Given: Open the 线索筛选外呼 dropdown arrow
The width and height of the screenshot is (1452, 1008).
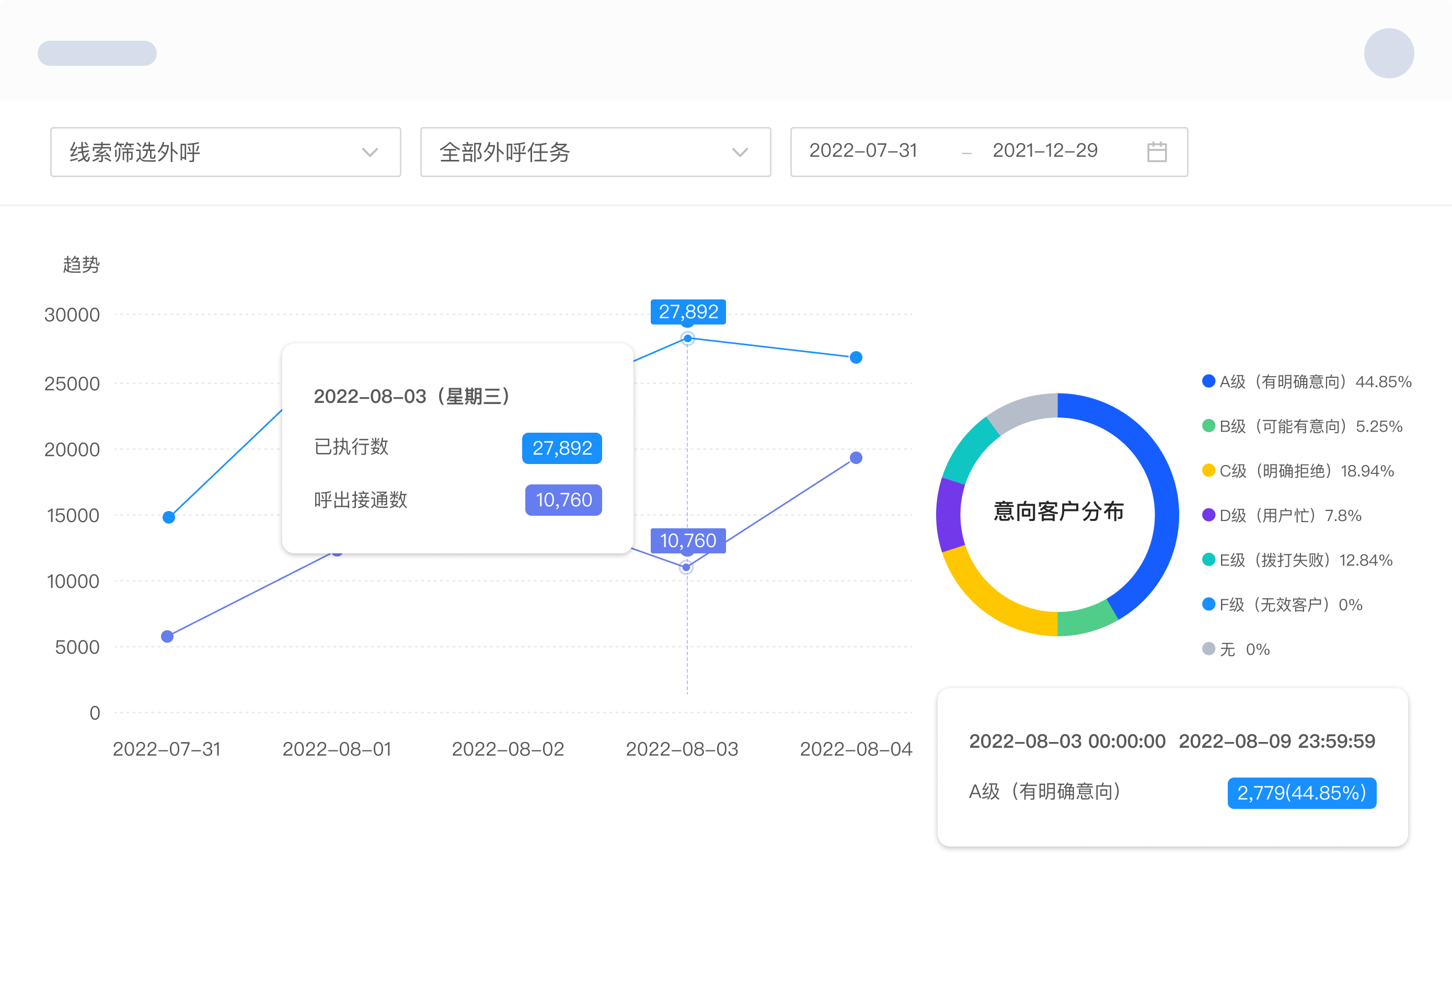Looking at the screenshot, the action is (x=370, y=152).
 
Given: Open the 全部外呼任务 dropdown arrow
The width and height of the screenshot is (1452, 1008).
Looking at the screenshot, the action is (x=740, y=152).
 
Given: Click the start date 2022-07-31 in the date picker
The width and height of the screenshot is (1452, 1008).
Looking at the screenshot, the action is (x=863, y=150).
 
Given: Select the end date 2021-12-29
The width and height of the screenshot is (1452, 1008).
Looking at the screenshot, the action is (x=1045, y=150).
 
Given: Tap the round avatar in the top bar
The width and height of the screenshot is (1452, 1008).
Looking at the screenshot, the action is (x=1388, y=53).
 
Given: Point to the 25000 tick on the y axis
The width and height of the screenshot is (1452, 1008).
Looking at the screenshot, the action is (x=72, y=384).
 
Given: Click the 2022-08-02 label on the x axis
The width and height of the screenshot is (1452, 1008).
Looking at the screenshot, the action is (x=508, y=748).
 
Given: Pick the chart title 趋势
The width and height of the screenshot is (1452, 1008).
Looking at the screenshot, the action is (x=82, y=264).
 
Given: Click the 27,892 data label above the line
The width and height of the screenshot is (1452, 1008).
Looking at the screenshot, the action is (x=688, y=311).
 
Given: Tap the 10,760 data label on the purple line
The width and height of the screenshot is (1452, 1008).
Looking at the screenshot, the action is (x=688, y=541).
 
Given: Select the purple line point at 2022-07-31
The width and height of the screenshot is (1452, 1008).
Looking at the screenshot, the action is (x=167, y=636).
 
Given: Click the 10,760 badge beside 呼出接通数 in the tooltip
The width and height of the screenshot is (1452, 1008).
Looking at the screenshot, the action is (x=563, y=500).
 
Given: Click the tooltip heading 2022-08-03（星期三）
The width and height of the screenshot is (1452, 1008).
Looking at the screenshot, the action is (x=412, y=396).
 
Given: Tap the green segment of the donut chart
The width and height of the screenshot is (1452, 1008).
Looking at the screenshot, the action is (x=1086, y=619).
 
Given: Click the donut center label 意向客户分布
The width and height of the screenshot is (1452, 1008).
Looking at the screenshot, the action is (x=1058, y=511).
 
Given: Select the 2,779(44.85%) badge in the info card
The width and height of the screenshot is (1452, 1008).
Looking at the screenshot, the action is (x=1301, y=793).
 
